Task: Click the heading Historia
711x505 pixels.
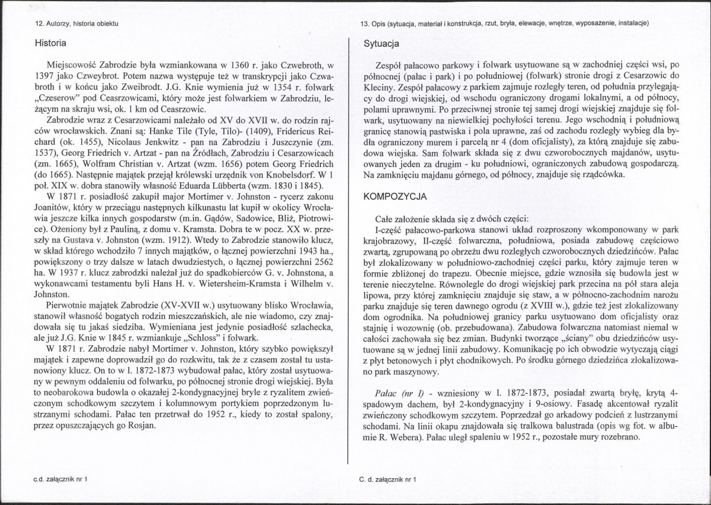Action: pos(50,43)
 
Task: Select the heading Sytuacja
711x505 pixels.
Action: pos(381,43)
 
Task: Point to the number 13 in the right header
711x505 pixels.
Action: pos(364,23)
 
